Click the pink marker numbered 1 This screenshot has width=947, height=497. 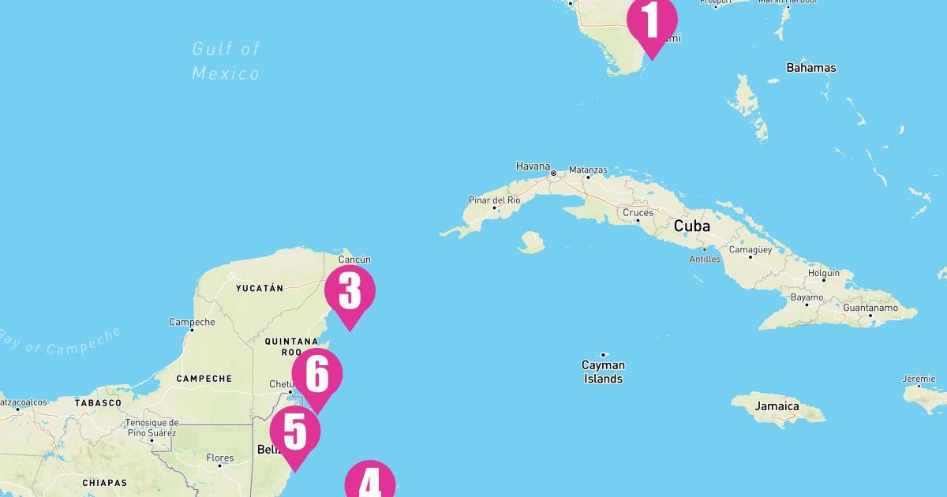(x=652, y=22)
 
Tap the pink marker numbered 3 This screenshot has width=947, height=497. (x=350, y=292)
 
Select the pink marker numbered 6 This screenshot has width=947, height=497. (x=317, y=375)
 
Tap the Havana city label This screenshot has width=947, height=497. (x=533, y=166)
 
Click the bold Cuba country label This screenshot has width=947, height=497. (x=691, y=226)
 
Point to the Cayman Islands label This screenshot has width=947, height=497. (x=603, y=372)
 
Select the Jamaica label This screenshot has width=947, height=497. (x=776, y=406)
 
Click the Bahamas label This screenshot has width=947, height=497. (x=810, y=68)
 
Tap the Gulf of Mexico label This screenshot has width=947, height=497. (x=226, y=62)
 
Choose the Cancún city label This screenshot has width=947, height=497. (x=354, y=260)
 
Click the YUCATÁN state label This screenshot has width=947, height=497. (x=259, y=289)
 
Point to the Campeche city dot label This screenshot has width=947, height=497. (x=192, y=322)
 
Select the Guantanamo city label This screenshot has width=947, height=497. (x=871, y=308)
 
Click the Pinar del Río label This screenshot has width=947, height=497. (x=495, y=200)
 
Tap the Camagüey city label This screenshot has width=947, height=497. (x=750, y=249)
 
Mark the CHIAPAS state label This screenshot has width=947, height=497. (x=104, y=483)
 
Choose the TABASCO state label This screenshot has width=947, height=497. (x=98, y=403)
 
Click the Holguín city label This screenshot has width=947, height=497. (x=824, y=273)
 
